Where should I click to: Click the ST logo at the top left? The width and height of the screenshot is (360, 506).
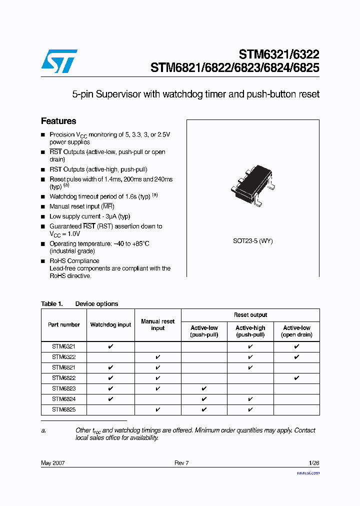coord(59,61)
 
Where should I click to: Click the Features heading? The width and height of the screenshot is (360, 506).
coord(58,121)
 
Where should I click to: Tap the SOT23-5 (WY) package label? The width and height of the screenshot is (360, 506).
coord(252,241)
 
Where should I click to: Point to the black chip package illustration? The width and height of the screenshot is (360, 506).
coord(253,184)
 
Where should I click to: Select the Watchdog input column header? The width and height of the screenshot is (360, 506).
coord(110,325)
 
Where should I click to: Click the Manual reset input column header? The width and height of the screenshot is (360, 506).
coord(157,325)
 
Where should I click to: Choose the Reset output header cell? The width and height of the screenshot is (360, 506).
coord(250,315)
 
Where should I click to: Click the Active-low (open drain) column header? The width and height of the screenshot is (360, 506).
coord(296,331)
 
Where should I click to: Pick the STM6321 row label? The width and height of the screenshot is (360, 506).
coord(63,346)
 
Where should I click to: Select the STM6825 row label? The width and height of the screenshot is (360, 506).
coord(63,409)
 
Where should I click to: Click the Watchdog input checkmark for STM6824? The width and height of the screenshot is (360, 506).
coord(110,399)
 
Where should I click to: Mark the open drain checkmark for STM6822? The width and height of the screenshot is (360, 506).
coord(296,378)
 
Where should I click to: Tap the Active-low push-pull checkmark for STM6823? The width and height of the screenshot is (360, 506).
coord(204,388)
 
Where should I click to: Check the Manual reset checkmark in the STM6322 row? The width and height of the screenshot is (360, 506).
coord(157,357)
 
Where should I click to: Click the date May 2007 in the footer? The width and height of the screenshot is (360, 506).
coord(52,463)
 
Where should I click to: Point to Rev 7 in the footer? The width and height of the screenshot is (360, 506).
coord(181,463)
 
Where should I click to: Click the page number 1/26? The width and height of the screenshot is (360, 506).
coord(313,463)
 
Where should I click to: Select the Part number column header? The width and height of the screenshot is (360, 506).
coord(63,325)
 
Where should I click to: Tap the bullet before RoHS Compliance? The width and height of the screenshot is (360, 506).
coord(43,261)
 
